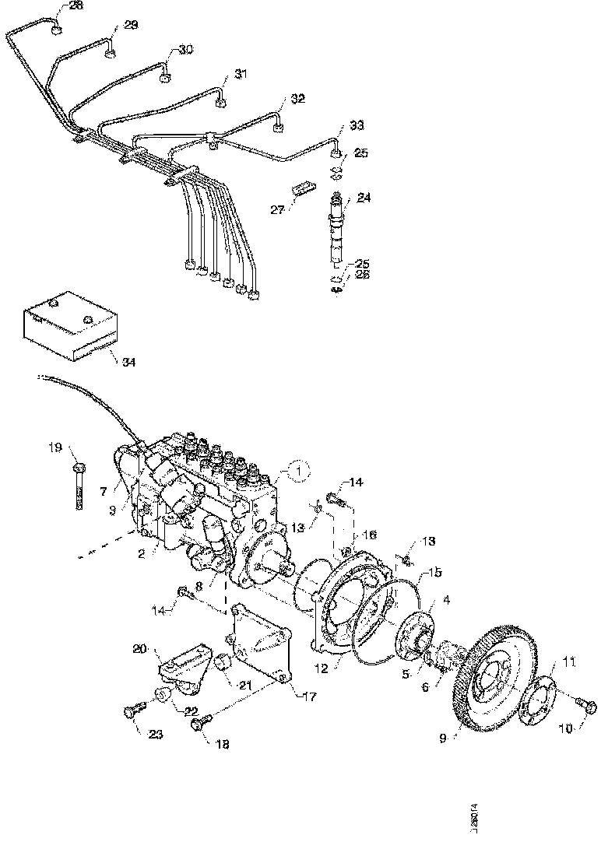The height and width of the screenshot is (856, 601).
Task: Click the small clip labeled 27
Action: coord(303,187)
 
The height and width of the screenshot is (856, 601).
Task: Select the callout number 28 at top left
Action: coord(75,5)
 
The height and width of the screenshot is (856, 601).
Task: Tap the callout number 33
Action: coord(356,125)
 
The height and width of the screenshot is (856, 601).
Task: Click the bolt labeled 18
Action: coord(199,725)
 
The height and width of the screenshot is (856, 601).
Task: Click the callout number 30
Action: coord(185,49)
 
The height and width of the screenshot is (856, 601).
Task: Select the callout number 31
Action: coord(241,75)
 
